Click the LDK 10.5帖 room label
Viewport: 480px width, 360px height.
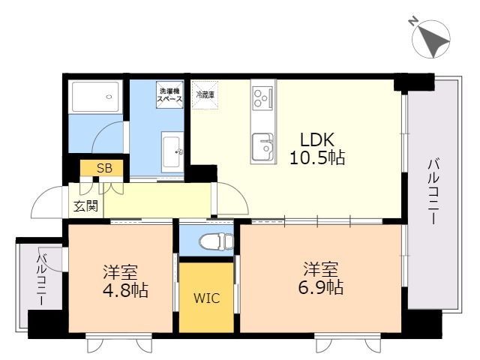(317, 149)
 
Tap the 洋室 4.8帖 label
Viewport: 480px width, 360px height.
(125, 281)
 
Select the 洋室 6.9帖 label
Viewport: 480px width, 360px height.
(321, 278)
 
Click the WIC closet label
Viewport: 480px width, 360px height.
(207, 298)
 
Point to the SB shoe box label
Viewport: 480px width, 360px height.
(104, 168)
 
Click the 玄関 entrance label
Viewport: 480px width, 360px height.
(86, 206)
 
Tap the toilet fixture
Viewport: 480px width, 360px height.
(216, 241)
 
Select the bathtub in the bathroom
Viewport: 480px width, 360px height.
(95, 97)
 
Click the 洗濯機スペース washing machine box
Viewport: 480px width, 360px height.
(170, 94)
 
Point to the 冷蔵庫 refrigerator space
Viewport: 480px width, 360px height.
(205, 94)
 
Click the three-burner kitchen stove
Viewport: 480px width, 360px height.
(262, 97)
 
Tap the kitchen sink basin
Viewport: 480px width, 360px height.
(262, 147)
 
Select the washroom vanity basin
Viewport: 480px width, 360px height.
(172, 152)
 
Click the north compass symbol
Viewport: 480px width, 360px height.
(431, 39)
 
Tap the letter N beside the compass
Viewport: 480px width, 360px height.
(413, 21)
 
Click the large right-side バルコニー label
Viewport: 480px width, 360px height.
(433, 192)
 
